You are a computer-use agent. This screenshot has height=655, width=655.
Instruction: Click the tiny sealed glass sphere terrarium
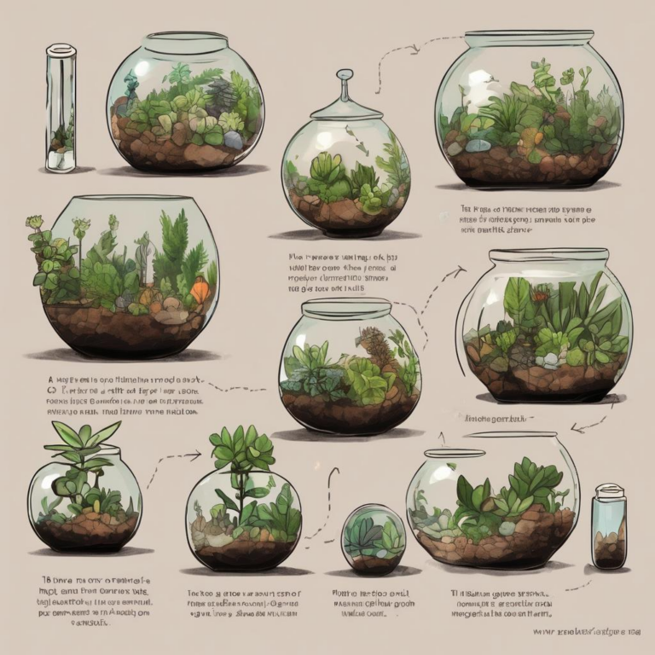tap(374, 538)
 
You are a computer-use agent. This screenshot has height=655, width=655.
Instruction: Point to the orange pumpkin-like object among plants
tap(200, 293)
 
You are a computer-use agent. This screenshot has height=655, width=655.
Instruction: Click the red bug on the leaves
tap(541, 297)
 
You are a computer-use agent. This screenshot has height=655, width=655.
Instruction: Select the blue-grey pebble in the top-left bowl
tap(233, 139)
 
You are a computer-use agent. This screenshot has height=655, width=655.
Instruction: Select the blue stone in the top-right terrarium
tap(478, 145)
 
